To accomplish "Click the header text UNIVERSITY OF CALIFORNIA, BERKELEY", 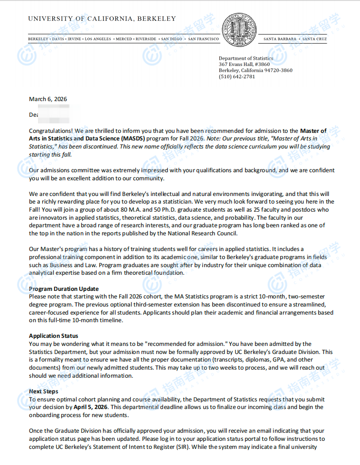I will point(102,19).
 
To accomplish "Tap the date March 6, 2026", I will point(48,99).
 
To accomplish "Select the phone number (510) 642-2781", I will point(237,76).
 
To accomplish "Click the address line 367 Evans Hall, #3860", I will point(244,64).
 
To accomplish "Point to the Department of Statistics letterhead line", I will point(246,58).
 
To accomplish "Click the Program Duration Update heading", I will point(64,289).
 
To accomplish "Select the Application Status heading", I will point(53,336).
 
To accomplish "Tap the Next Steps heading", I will point(44,391).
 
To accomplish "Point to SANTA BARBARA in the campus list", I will point(280,39).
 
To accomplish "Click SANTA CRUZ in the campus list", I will point(314,39).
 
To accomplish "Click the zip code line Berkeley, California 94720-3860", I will point(256,70).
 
